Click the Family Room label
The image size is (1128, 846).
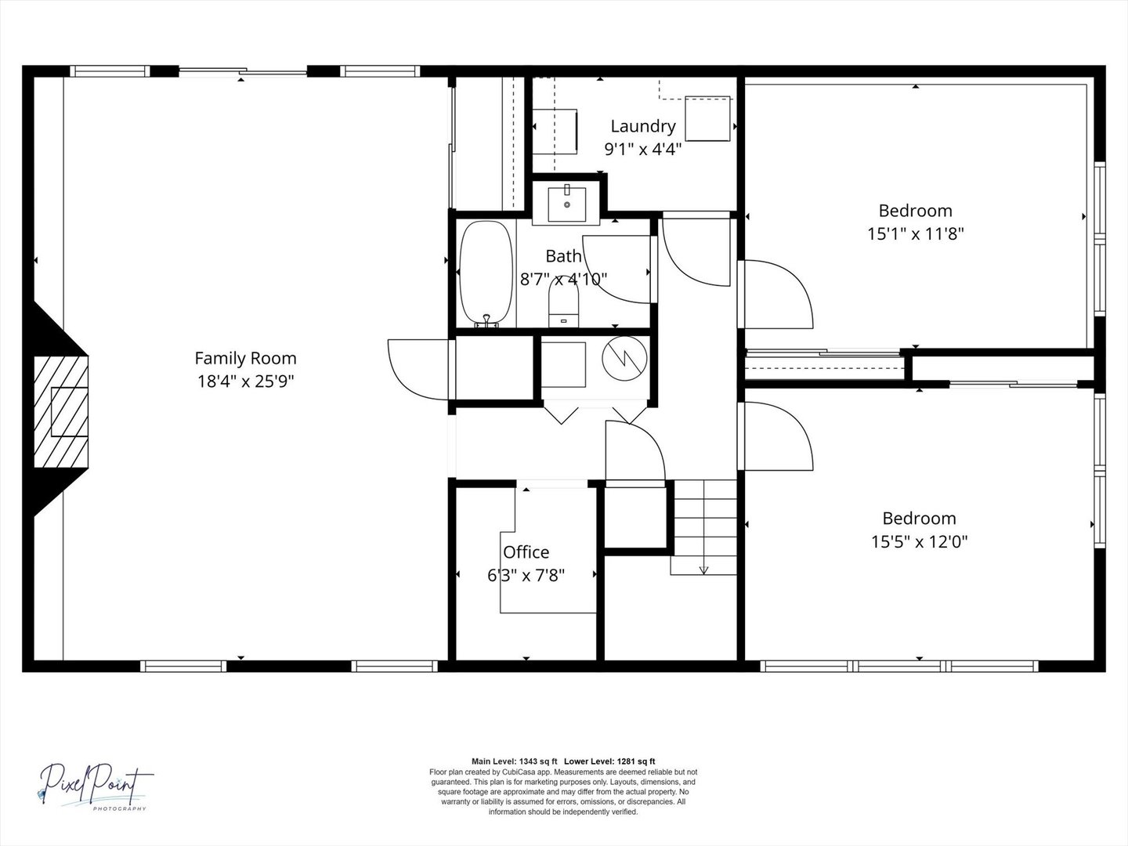tap(246, 359)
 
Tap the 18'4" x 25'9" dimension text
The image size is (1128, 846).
tap(246, 381)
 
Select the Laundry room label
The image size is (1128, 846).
tap(643, 127)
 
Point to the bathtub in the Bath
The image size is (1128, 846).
tap(486, 274)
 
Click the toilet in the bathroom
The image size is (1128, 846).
tap(564, 302)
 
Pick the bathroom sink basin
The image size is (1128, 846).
tap(567, 204)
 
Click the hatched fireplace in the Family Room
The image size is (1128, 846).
tap(61, 412)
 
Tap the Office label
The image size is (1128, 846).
tap(526, 552)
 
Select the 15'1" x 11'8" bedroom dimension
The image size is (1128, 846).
tap(915, 234)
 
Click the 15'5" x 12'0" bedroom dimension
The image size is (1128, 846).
tap(920, 542)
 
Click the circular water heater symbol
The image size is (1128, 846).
tap(624, 359)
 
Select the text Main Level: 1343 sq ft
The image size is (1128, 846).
tap(515, 761)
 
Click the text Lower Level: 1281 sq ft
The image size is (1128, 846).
tap(609, 761)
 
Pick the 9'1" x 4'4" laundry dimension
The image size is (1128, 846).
tap(643, 150)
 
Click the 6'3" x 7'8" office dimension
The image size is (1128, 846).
tap(526, 575)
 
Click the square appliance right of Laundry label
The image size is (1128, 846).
tap(707, 118)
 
